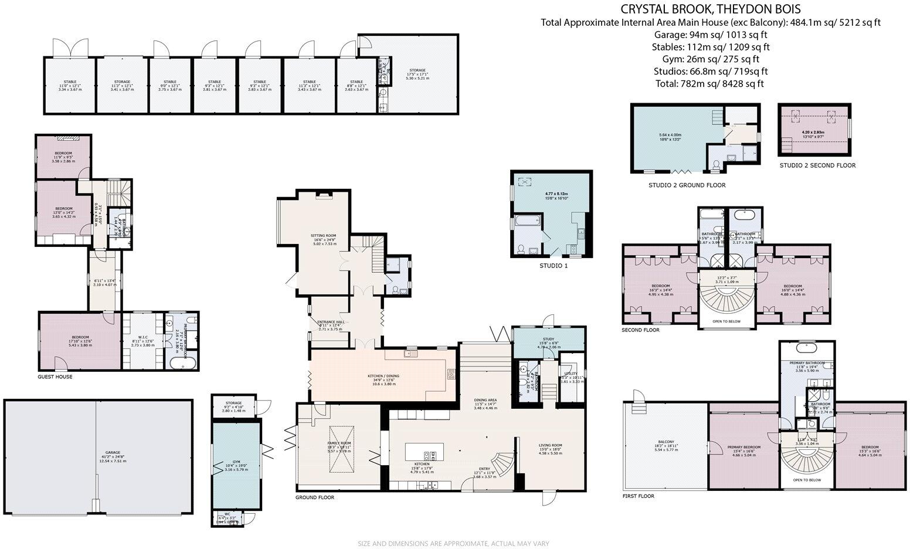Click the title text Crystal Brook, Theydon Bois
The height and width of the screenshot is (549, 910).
[x=711, y=9]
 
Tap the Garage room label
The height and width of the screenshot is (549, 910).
[x=113, y=452]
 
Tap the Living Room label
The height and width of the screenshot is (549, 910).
[x=550, y=445]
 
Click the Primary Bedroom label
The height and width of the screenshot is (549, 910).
[x=743, y=447]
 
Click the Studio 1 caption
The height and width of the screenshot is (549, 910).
[x=554, y=266]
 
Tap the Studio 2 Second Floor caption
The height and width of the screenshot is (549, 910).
[x=817, y=165]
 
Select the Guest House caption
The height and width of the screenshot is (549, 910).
[x=55, y=377]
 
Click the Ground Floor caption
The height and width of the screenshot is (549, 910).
[x=315, y=497]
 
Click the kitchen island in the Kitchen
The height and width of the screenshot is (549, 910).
[x=424, y=452]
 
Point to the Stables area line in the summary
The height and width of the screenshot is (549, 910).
[x=711, y=47]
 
